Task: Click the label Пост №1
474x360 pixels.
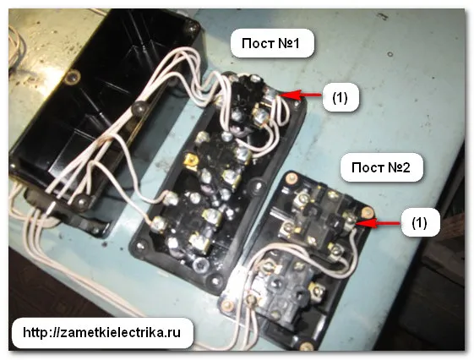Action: pyautogui.click(x=270, y=44)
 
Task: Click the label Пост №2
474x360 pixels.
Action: pyautogui.click(x=381, y=167)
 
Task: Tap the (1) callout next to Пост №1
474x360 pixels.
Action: pyautogui.click(x=341, y=98)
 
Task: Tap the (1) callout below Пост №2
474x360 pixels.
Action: pyautogui.click(x=419, y=223)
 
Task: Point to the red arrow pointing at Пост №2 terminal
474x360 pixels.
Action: pyautogui.click(x=379, y=224)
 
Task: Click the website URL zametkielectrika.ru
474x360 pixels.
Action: pyautogui.click(x=101, y=332)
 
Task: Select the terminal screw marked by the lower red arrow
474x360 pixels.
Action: pyautogui.click(x=350, y=220)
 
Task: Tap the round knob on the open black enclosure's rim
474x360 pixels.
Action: pyautogui.click(x=139, y=106)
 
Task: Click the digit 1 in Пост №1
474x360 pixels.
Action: pyautogui.click(x=295, y=44)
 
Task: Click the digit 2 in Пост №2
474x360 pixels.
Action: pyautogui.click(x=406, y=167)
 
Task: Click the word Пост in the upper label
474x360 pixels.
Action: pyautogui.click(x=254, y=44)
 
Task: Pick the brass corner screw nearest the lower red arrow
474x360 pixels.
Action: pyautogui.click(x=368, y=212)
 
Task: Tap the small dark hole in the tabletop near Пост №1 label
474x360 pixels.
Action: pyautogui.click(x=390, y=55)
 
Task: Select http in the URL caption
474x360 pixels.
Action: pyautogui.click(x=34, y=332)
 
